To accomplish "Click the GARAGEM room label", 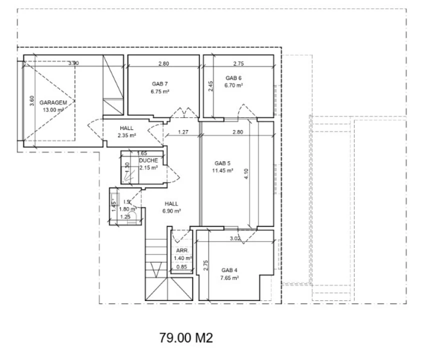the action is pyautogui.click(x=53, y=102).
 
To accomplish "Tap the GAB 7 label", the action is pyautogui.click(x=160, y=84).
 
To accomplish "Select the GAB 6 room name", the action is pyautogui.click(x=233, y=78).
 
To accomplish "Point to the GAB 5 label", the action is pyautogui.click(x=222, y=163).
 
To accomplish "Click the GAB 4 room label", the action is pyautogui.click(x=229, y=270).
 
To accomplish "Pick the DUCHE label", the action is pyautogui.click(x=148, y=160).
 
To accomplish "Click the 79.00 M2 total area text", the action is pyautogui.click(x=186, y=338).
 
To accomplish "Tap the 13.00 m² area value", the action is pyautogui.click(x=53, y=110).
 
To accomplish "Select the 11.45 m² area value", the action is pyautogui.click(x=222, y=170).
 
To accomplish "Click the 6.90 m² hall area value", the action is pyautogui.click(x=171, y=211).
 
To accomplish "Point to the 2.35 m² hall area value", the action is pyautogui.click(x=127, y=135).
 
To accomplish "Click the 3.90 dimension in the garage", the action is pyautogui.click(x=73, y=63).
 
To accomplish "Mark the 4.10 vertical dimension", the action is pyautogui.click(x=246, y=174).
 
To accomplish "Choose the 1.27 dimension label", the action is pyautogui.click(x=183, y=132).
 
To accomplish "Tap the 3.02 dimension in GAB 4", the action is pyautogui.click(x=235, y=238).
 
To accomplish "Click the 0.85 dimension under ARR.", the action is pyautogui.click(x=181, y=266).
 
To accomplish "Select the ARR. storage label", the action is pyautogui.click(x=182, y=250).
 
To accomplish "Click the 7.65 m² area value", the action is pyautogui.click(x=229, y=278).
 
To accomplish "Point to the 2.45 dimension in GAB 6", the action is pyautogui.click(x=210, y=86).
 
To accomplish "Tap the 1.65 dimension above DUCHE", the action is pyautogui.click(x=142, y=153).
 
